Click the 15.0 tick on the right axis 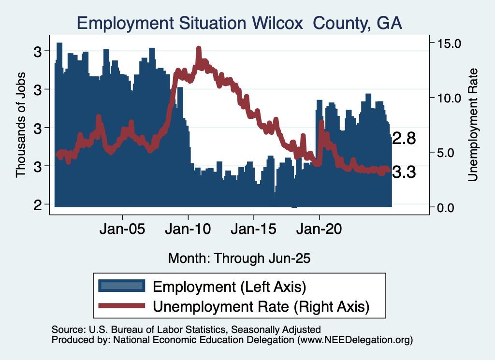[450, 43]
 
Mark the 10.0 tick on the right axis [450, 98]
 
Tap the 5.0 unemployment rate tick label [452, 153]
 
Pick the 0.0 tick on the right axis [452, 207]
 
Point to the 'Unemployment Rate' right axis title [473, 125]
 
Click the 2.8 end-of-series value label [404, 139]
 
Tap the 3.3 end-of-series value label [404, 172]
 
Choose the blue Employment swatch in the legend [121, 286]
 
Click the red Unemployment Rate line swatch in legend [121, 306]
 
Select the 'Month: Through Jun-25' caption [239, 258]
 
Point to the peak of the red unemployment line [199, 49]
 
